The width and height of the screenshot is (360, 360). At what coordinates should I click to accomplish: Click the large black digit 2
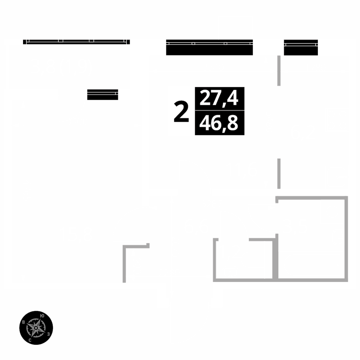181,112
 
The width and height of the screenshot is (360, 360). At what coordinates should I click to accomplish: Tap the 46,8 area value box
220,123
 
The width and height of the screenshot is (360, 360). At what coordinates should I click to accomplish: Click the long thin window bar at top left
76,42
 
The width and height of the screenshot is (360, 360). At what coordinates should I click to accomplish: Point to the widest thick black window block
209,48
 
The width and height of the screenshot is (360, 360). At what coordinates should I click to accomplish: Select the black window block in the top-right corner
301,48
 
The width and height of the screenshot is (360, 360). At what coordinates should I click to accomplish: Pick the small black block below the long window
103,95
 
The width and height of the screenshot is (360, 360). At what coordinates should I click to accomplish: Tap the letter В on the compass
24,322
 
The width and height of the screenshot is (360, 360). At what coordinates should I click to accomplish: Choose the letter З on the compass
48,334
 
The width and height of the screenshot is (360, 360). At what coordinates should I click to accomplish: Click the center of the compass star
36,328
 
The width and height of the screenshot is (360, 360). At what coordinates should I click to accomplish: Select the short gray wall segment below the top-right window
279,71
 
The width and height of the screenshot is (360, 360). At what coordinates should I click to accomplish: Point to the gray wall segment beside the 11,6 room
279,173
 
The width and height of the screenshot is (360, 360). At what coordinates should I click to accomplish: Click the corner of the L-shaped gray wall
125,246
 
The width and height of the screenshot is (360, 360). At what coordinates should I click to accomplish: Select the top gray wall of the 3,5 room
311,198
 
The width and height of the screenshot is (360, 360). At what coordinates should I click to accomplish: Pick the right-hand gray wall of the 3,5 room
346,238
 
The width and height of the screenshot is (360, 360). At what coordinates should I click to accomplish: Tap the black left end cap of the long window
25,42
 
